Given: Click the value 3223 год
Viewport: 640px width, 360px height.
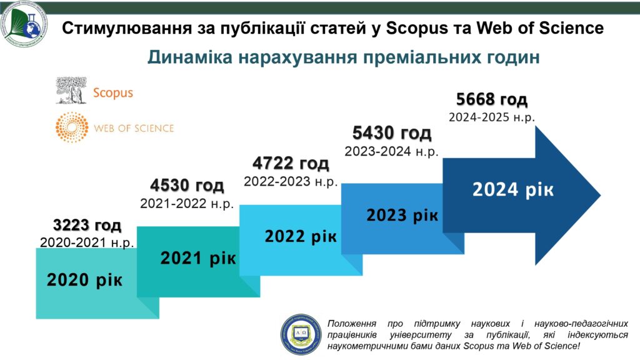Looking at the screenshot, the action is click(x=87, y=225).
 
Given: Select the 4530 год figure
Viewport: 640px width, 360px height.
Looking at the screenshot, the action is click(x=187, y=185).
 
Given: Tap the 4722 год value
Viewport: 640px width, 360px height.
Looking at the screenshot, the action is click(x=291, y=163).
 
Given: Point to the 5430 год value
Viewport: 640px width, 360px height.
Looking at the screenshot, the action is click(x=392, y=133).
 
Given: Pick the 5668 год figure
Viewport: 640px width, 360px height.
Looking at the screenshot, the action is click(x=492, y=99).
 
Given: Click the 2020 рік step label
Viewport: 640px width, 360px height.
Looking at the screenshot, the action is click(x=84, y=280).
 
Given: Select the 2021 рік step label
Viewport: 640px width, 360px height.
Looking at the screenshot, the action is click(x=198, y=258).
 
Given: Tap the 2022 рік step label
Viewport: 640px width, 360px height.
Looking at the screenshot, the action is click(x=301, y=236).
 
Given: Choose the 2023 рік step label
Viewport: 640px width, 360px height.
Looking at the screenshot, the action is click(x=402, y=215).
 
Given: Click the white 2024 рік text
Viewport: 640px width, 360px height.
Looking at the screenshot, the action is click(x=513, y=190).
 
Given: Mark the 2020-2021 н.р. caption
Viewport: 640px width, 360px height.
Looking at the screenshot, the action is click(x=87, y=242).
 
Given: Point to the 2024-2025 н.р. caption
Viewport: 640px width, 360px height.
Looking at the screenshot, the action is click(x=492, y=117).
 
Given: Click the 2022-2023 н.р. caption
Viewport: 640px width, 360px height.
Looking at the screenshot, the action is click(x=291, y=182).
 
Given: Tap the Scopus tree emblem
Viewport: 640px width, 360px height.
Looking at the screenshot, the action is click(x=71, y=90).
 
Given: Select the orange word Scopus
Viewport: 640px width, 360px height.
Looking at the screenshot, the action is click(x=113, y=92).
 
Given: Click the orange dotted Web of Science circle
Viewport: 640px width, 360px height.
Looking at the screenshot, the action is click(x=72, y=127).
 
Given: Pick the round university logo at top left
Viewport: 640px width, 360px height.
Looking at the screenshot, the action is click(x=24, y=24).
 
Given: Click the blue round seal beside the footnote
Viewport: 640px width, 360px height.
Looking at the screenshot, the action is click(x=301, y=334).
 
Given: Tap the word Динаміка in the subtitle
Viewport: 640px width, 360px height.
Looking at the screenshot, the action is click(x=190, y=57).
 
